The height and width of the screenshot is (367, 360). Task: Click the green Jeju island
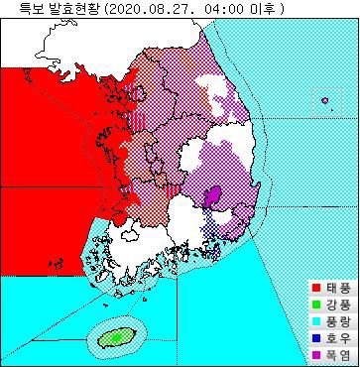(116, 337)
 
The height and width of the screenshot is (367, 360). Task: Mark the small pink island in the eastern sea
(324, 98)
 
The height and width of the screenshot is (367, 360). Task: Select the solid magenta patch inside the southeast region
(213, 197)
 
